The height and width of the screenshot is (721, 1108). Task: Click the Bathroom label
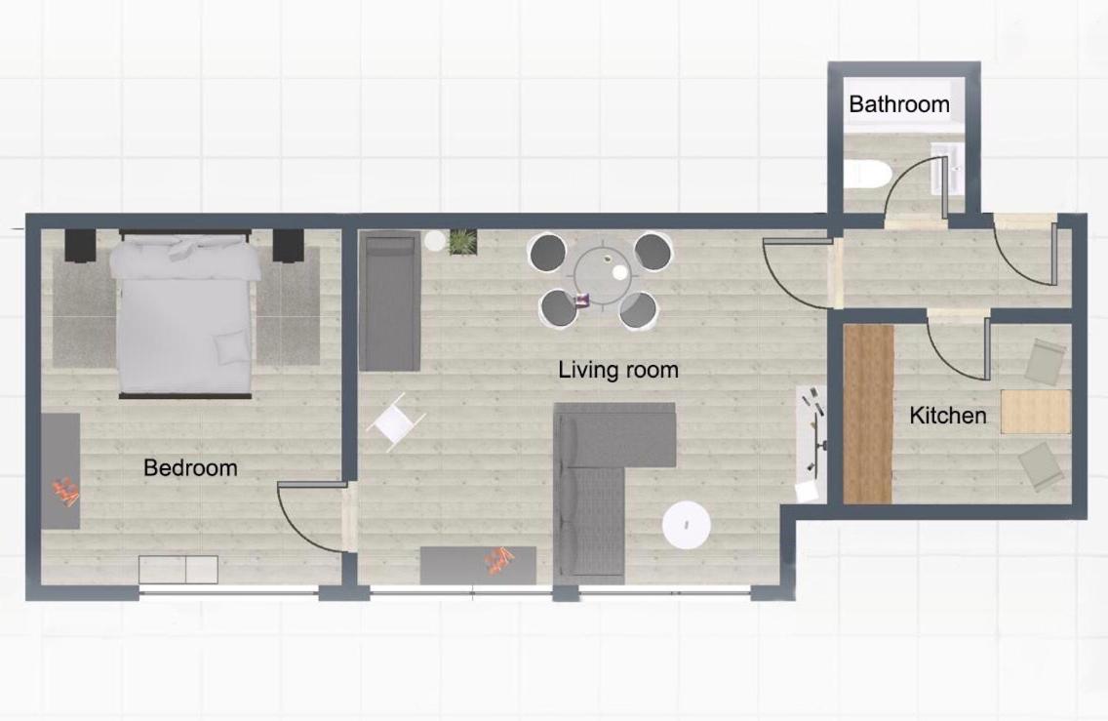899,104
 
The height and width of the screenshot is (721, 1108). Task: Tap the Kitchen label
948,416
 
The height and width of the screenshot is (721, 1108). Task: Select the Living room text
618,370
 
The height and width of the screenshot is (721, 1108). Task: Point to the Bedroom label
190,468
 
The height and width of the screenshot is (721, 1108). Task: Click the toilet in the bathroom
867,174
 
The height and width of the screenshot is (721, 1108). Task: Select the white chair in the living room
396,422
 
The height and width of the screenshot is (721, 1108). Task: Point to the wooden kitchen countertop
868,415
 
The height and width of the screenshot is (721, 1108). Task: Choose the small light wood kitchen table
1035,411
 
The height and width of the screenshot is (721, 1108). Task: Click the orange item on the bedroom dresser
67,492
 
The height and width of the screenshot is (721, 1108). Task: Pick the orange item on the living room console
498,561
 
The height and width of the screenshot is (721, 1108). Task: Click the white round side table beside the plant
435,241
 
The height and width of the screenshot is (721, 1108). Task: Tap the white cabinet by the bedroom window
178,570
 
